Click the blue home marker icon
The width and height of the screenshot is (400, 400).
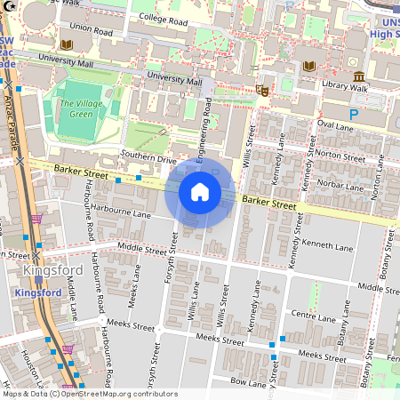(200, 192)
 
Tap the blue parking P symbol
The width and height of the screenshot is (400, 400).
(354, 115)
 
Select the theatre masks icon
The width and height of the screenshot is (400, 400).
(262, 89)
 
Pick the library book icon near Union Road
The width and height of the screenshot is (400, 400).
(65, 44)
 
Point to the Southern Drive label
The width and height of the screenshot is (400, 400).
(148, 159)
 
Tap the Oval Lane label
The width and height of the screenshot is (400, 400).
(335, 126)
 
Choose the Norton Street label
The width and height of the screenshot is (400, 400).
(340, 155)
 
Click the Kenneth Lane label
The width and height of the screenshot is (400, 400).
(328, 243)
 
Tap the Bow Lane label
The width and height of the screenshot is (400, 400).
(248, 381)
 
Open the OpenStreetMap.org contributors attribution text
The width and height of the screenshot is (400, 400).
(115, 393)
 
